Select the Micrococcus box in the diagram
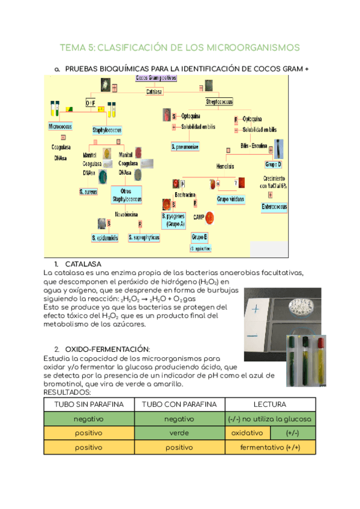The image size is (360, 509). (60, 128)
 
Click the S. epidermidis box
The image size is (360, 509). (106, 238)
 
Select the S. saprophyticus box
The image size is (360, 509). (144, 238)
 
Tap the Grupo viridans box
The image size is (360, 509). (232, 198)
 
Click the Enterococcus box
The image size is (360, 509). (274, 207)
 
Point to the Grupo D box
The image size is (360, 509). (274, 164)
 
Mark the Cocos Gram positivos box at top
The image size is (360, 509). (156, 78)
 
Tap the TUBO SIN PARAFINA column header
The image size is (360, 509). (89, 405)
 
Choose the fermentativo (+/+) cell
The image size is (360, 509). (269, 448)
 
